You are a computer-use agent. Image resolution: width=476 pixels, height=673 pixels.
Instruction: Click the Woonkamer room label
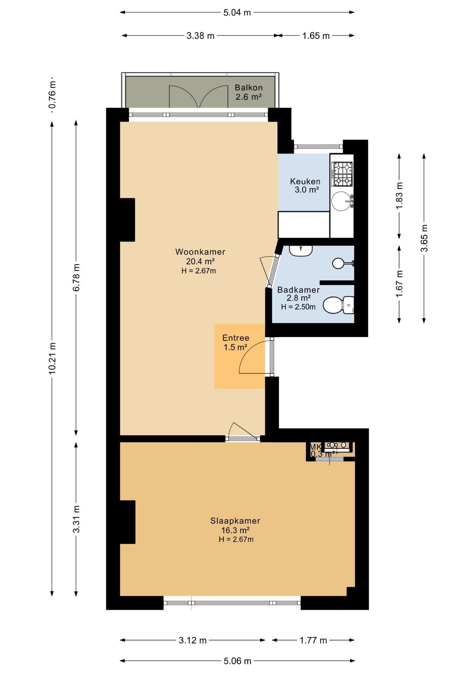point(200,252)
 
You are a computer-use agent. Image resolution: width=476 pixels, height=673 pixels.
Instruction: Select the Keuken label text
point(305,182)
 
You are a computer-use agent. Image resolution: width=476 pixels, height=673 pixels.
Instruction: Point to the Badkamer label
point(298,290)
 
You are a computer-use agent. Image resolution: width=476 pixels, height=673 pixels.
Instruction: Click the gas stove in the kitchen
point(342,174)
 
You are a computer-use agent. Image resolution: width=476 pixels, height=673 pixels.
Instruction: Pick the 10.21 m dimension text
point(52,358)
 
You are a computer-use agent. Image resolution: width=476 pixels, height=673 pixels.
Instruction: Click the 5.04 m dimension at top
point(237,13)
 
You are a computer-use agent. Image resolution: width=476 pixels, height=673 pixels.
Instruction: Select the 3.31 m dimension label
point(76,519)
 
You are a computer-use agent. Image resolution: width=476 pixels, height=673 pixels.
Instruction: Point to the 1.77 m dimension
point(313,640)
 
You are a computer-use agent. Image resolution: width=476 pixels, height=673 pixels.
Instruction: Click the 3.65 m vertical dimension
point(424,238)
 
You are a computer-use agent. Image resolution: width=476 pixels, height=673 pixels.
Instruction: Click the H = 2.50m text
point(298,307)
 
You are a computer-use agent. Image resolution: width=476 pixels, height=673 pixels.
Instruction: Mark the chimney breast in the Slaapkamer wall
point(128,522)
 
